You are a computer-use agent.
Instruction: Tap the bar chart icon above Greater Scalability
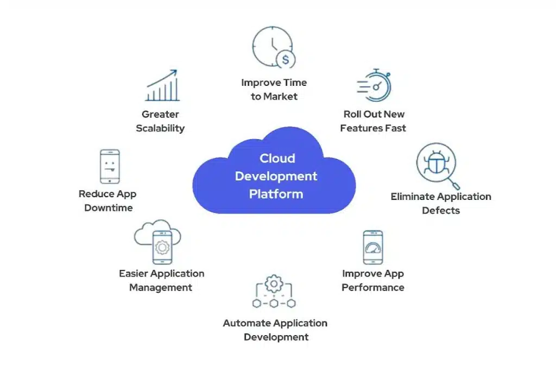click(162, 85)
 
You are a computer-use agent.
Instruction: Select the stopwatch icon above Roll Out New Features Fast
click(374, 85)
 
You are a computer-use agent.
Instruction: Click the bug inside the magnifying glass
click(437, 162)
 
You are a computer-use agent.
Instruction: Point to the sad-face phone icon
click(110, 166)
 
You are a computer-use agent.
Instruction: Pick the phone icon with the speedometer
click(373, 247)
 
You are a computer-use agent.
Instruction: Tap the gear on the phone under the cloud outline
click(162, 247)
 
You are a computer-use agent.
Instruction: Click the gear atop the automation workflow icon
click(274, 284)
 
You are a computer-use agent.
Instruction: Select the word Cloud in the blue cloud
click(277, 158)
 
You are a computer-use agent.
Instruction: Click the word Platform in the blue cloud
click(276, 194)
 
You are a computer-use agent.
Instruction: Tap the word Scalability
click(160, 128)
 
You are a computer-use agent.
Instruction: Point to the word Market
click(281, 97)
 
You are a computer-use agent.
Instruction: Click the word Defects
click(441, 210)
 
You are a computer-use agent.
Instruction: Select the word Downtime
click(109, 208)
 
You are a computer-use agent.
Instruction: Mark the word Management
click(161, 288)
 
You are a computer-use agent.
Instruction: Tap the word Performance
click(373, 287)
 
